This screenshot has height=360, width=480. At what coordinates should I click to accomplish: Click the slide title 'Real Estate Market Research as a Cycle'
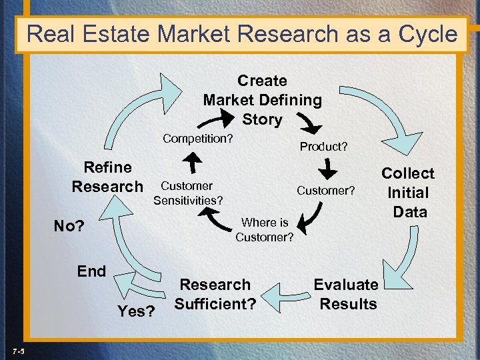[x=243, y=33]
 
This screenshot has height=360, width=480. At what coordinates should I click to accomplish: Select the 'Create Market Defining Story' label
[x=262, y=100]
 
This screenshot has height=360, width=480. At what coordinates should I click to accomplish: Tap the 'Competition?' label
[x=198, y=139]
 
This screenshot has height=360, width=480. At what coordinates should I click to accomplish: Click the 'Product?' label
[x=323, y=146]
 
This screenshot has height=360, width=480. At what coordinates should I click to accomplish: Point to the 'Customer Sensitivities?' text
[x=187, y=193]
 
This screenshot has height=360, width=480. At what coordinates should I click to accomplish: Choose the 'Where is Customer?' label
[x=265, y=230]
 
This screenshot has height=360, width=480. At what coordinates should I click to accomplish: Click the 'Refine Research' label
[x=107, y=177]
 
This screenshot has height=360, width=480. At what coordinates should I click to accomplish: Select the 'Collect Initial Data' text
[x=408, y=193]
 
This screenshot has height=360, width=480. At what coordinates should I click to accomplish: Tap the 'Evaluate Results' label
[x=345, y=294]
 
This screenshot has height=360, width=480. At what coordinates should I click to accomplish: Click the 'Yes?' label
[x=136, y=311]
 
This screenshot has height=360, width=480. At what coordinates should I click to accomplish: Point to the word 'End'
[x=91, y=271]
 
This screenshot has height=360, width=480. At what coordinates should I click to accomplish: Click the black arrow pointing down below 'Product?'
[x=328, y=169]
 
